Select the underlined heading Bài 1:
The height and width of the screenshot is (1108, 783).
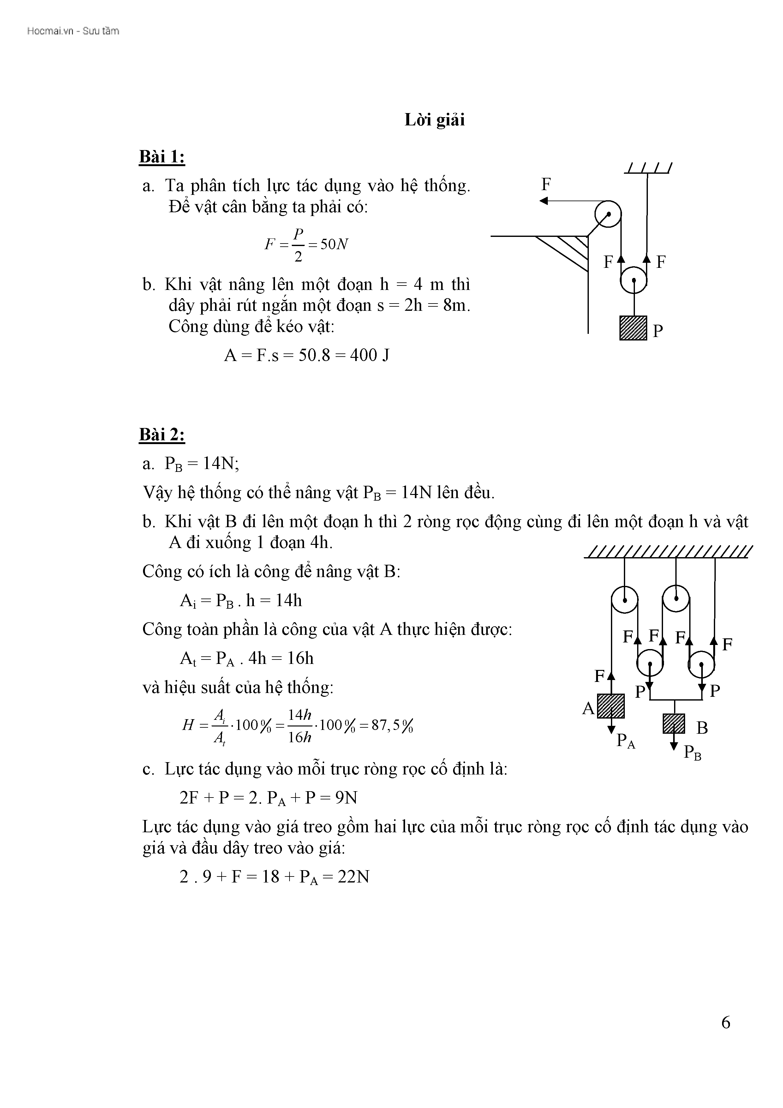tap(162, 157)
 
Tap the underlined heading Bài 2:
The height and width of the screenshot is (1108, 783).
tap(162, 435)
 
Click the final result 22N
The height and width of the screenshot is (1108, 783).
tap(353, 877)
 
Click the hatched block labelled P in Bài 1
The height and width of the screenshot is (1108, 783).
tap(633, 328)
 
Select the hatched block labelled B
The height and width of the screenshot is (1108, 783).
tap(674, 724)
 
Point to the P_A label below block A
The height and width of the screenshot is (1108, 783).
tap(626, 741)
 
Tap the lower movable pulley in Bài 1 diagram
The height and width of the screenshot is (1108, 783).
tap(633, 281)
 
